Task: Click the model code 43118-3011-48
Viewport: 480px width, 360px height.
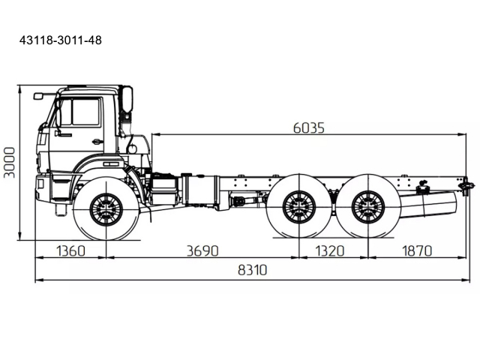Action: [60, 40]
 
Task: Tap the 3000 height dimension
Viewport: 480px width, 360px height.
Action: [9, 162]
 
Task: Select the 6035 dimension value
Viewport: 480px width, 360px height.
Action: [308, 127]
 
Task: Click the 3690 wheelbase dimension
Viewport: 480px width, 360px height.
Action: [202, 250]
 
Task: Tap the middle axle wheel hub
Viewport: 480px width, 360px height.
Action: [298, 206]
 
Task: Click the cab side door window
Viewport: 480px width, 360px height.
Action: [85, 112]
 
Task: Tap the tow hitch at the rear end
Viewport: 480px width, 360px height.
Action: [468, 184]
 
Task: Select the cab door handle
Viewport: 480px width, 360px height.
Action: [97, 141]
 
